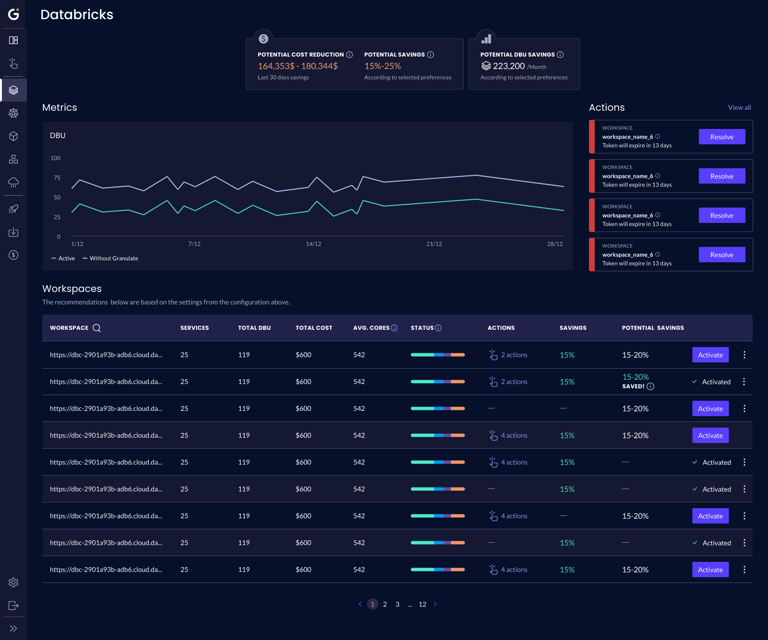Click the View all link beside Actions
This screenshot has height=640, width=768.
pos(739,107)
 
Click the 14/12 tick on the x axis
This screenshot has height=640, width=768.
pos(313,244)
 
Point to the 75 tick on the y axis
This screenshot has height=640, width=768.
pos(57,178)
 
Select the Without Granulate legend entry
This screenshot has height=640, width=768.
pos(110,258)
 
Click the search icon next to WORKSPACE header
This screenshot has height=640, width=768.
pos(96,328)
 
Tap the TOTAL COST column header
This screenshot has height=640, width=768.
pos(313,328)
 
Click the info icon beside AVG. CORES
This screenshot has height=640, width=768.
pos(394,328)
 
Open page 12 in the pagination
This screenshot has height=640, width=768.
pos(422,605)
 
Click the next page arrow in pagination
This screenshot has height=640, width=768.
pos(435,605)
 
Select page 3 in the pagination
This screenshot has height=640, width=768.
pos(397,605)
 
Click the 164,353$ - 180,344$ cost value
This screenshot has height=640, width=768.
pos(298,66)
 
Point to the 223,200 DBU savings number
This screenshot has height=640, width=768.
pos(509,66)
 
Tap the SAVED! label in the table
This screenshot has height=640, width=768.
pos(633,386)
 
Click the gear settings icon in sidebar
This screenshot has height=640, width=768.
pos(13,582)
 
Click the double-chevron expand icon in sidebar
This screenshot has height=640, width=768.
pos(13,628)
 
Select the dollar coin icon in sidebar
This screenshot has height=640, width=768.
pos(13,255)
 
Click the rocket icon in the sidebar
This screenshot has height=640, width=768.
pos(13,209)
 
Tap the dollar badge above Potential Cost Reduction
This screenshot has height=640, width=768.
pos(264,39)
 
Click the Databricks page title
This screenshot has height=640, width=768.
pos(77,14)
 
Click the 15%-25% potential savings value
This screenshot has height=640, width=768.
pos(383,66)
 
